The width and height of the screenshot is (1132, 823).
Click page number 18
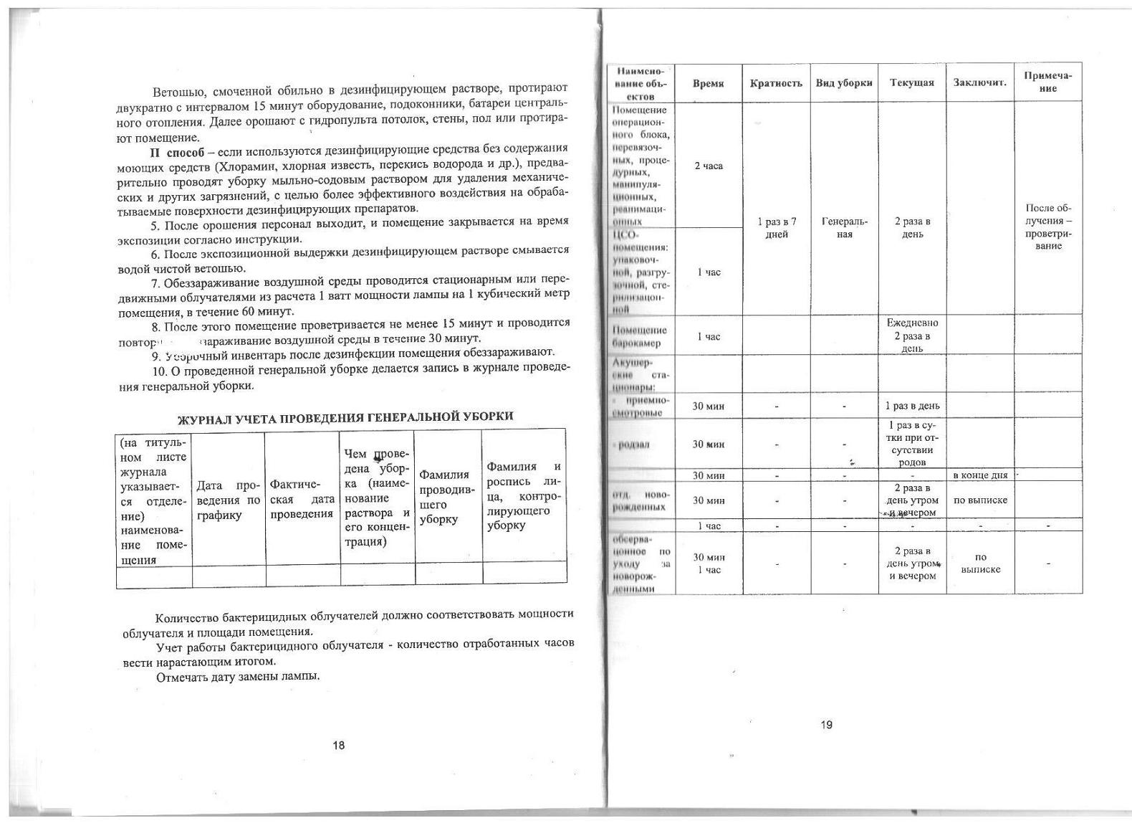(x=338, y=746)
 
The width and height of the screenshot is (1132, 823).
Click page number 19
(x=826, y=725)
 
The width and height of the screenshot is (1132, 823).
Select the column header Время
(x=708, y=83)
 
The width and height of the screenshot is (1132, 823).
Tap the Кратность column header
(x=776, y=83)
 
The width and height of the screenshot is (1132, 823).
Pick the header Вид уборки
(x=844, y=83)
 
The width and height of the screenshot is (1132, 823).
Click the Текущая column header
(x=911, y=83)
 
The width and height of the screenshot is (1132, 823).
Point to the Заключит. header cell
(x=979, y=83)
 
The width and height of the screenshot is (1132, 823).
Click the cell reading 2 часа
(x=708, y=166)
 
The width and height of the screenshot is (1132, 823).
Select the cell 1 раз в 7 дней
(x=776, y=228)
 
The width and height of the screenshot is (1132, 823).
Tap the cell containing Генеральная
(x=844, y=228)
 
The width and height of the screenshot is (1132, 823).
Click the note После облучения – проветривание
(x=1048, y=227)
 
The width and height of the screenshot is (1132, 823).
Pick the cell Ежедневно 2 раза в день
(x=911, y=336)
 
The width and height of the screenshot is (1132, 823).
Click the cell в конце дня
(x=979, y=475)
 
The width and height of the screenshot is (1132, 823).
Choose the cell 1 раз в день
(x=911, y=406)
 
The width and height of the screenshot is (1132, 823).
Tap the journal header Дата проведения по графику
(x=229, y=500)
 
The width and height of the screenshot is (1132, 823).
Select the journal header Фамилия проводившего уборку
(x=447, y=497)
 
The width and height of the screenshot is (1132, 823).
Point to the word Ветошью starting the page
(x=177, y=92)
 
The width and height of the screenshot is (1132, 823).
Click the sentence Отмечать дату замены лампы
(x=237, y=677)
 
